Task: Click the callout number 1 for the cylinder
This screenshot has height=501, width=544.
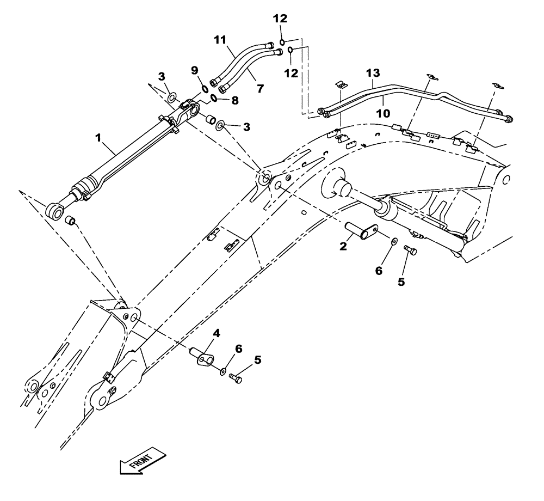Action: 98,139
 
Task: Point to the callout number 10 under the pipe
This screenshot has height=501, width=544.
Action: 384,113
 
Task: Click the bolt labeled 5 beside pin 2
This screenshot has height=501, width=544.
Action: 410,250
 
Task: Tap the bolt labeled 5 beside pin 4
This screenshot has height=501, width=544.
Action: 235,377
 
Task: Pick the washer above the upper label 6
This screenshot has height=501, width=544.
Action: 393,240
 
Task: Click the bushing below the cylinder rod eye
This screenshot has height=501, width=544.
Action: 70,221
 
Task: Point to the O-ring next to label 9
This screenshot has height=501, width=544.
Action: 203,89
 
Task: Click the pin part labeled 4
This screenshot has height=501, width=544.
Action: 203,359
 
